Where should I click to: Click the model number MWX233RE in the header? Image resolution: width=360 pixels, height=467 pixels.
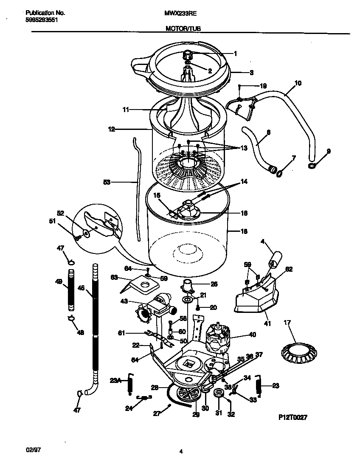tap(180, 13)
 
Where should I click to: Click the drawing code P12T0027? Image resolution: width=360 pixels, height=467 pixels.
tap(292, 417)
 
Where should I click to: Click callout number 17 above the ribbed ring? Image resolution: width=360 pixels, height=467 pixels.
tap(287, 323)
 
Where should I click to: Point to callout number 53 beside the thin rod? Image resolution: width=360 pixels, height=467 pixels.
tap(107, 182)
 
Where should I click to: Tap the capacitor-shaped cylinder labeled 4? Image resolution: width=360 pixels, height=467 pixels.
tap(276, 257)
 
